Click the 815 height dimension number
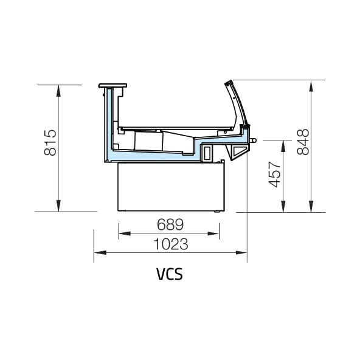50,143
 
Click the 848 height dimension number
303,142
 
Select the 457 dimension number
275,175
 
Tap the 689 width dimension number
170,224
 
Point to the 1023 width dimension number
171,244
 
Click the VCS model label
170,274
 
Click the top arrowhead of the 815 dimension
58,91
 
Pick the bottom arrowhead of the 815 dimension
58,206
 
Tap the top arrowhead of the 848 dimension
311,86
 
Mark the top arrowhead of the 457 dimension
283,146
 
